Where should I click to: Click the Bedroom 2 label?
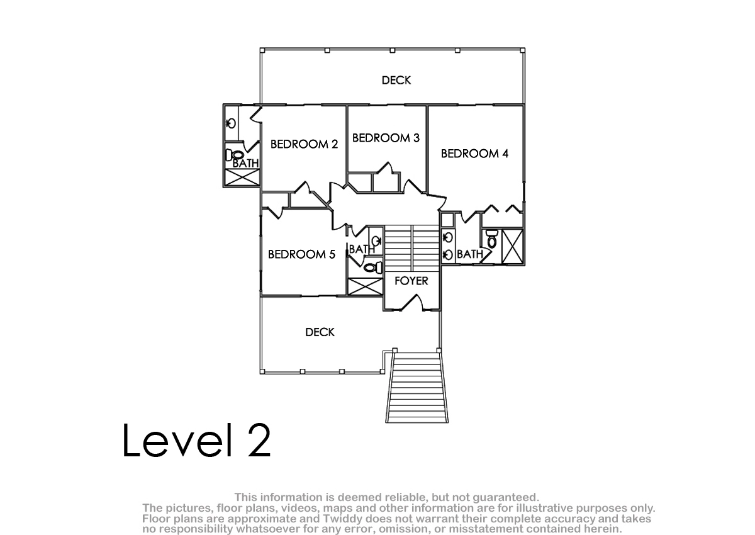click(304, 144)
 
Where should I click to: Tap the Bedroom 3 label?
click(386, 138)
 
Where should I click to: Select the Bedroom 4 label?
click(474, 154)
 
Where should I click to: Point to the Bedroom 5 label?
click(301, 254)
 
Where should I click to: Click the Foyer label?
click(411, 281)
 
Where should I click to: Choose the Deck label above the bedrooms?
click(396, 80)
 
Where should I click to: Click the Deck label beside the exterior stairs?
click(320, 332)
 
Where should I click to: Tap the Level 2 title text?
click(196, 440)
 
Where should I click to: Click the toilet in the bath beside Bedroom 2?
click(235, 155)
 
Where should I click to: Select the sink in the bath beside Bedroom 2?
click(231, 123)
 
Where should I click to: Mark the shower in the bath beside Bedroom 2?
click(242, 177)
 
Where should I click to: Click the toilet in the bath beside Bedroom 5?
click(373, 267)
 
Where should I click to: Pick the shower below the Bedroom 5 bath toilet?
click(365, 286)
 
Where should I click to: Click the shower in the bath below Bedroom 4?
click(512, 247)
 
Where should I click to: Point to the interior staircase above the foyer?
click(412, 249)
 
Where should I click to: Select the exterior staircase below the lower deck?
click(417, 387)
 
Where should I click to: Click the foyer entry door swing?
click(412, 302)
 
